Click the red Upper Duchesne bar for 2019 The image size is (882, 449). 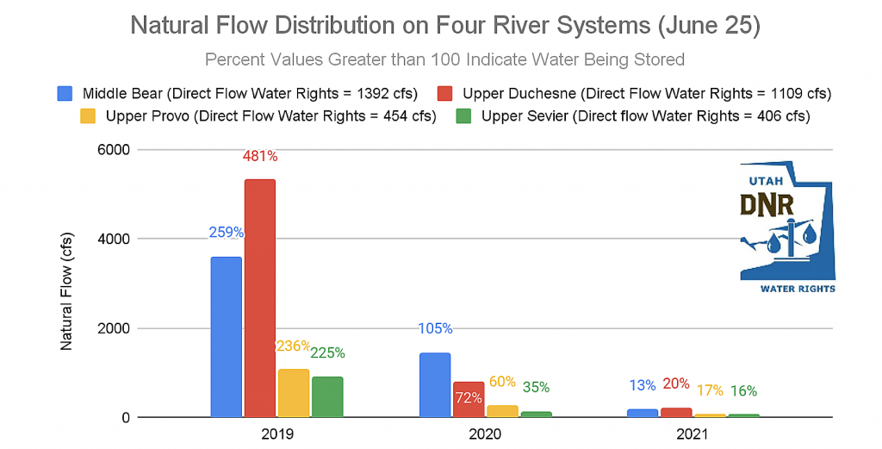coord(259,298)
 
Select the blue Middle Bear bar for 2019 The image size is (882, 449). coord(226,337)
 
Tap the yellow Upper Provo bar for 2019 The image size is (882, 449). coord(293,393)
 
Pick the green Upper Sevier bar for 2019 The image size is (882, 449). coord(327,396)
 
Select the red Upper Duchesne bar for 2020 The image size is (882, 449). coord(469,399)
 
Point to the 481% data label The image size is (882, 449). coord(259,157)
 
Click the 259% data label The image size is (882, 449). coord(226,232)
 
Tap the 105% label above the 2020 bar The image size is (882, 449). coord(435,328)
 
